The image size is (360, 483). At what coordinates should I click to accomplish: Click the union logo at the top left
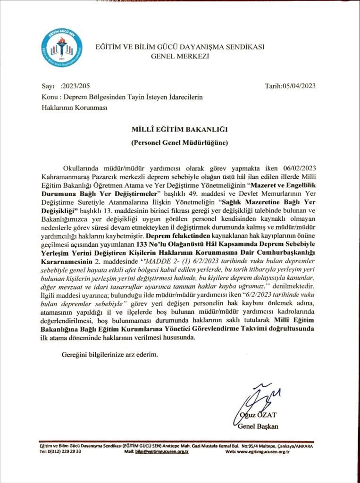click(x=61, y=48)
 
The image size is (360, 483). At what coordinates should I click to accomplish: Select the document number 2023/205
click(x=76, y=86)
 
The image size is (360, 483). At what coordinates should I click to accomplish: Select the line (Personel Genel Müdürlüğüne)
click(x=180, y=142)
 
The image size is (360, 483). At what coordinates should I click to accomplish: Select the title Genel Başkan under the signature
click(x=259, y=426)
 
